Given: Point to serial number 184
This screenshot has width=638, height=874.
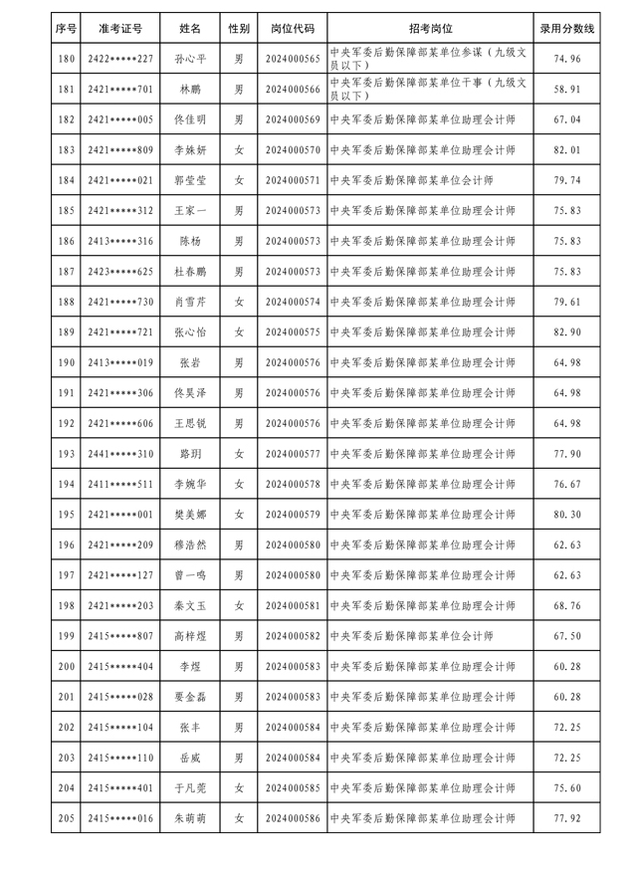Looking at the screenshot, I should pyautogui.click(x=67, y=181).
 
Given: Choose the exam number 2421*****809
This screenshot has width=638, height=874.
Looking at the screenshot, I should pyautogui.click(x=120, y=150).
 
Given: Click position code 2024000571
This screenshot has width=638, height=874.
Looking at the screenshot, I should pyautogui.click(x=294, y=181).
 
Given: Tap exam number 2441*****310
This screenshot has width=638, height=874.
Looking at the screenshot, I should pyautogui.click(x=120, y=454).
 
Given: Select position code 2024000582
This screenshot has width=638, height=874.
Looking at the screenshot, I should pyautogui.click(x=294, y=636).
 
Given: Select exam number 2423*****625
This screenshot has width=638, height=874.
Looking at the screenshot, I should pyautogui.click(x=120, y=272).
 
